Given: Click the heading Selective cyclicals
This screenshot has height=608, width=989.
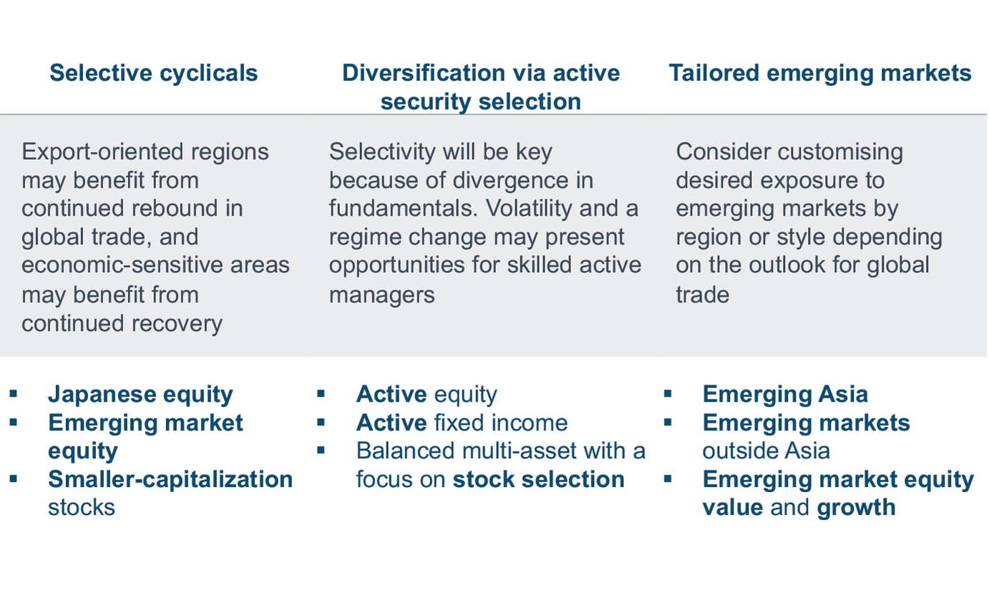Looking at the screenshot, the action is coord(153,73).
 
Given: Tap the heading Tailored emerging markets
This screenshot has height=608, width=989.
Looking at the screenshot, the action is coord(820,73).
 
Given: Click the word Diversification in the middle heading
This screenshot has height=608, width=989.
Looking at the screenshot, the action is coord(424,73).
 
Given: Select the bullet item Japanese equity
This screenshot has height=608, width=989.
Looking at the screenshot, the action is coord(140,395).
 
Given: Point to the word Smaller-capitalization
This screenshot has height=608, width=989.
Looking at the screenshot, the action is coord(170,479).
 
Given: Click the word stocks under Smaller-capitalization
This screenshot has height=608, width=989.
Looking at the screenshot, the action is coord(82,508).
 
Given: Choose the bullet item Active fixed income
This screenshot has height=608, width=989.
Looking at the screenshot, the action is coord(462,423).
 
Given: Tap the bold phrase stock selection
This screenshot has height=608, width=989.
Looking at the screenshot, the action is coord(539,479).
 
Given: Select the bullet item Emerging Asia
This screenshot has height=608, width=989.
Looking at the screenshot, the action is coord(785,394).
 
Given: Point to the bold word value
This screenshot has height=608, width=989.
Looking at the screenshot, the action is coord(733,508).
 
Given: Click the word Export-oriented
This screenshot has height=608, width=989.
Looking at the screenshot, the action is coord(102,152).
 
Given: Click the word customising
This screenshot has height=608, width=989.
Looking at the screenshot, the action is coord(840,153).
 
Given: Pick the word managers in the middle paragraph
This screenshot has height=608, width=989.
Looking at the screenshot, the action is coord(382,295).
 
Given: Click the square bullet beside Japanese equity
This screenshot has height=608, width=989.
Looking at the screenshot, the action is coord(14,394).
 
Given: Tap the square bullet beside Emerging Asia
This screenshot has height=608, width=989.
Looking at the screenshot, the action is coord(668,394).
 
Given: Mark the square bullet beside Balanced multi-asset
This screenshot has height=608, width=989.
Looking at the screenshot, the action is coord(321,450).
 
